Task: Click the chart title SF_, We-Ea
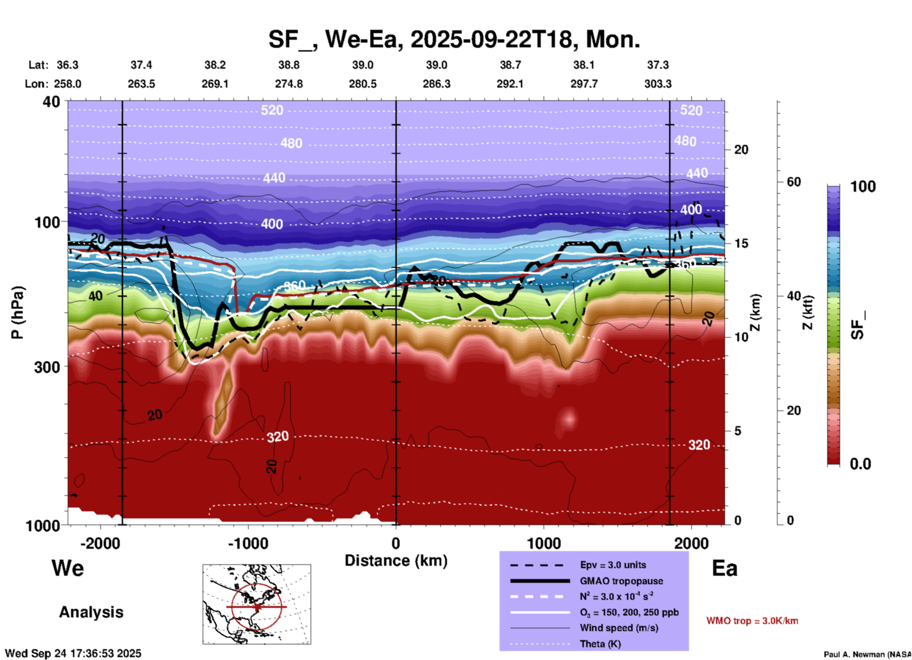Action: pos(454,39)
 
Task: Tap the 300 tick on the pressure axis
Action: pos(47,367)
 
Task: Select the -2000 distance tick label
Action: pos(100,543)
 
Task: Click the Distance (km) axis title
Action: pos(396,561)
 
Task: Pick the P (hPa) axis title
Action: pos(18,312)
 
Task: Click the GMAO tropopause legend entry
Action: pos(621,581)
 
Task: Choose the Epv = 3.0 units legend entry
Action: pos(613,565)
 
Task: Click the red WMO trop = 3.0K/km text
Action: pos(752,621)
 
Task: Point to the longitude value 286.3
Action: pos(436,84)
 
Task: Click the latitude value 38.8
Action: pos(289,65)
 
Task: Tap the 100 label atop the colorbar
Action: pos(863,187)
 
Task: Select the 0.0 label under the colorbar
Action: pos(860,464)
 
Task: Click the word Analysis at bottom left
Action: pos(91,612)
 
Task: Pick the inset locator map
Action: pos(257,604)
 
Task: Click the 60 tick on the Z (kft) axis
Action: pos(794,182)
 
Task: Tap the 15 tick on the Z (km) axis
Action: pos(741,243)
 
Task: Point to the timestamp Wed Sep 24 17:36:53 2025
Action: pos(73,653)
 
